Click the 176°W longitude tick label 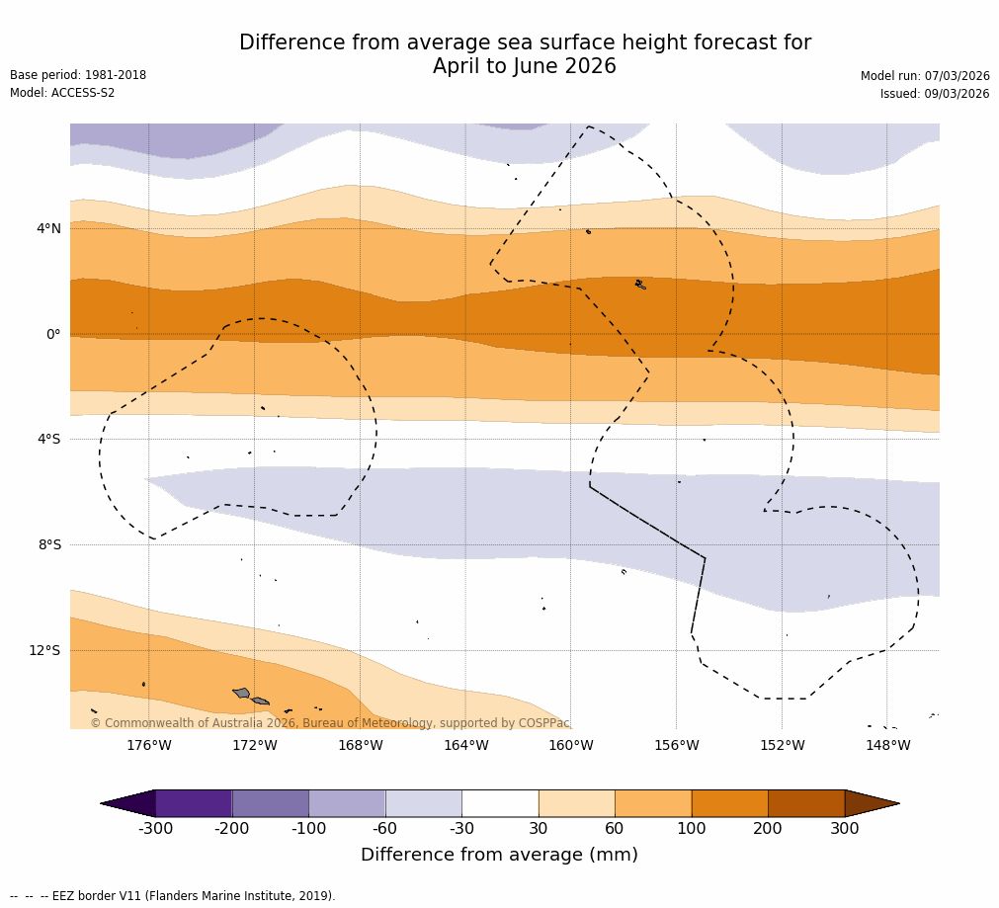click(x=148, y=745)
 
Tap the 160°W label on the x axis click(x=570, y=745)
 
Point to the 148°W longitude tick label click(x=887, y=745)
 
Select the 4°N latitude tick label click(x=48, y=229)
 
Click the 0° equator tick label click(x=53, y=334)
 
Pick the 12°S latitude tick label click(x=44, y=650)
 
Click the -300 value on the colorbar click(x=155, y=829)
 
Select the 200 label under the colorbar click(x=768, y=829)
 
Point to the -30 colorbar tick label click(x=461, y=829)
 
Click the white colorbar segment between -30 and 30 click(x=500, y=803)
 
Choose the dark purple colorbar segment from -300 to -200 click(x=194, y=803)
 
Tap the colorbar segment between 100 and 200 click(x=729, y=803)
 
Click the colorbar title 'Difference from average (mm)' click(x=499, y=855)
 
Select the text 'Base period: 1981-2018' click(x=78, y=75)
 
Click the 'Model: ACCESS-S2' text click(x=62, y=93)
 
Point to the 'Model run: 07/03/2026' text click(x=925, y=76)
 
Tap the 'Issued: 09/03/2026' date click(x=935, y=94)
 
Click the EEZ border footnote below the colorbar click(x=173, y=896)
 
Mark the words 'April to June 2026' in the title click(x=524, y=67)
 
